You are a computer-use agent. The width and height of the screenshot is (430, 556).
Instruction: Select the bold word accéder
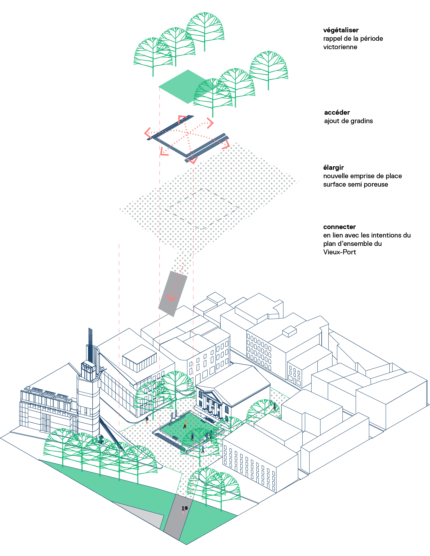[337, 112]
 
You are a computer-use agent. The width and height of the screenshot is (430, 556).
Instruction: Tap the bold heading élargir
[333, 168]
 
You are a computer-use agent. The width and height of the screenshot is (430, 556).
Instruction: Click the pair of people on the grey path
[184, 509]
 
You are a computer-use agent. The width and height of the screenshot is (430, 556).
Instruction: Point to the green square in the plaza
[188, 429]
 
